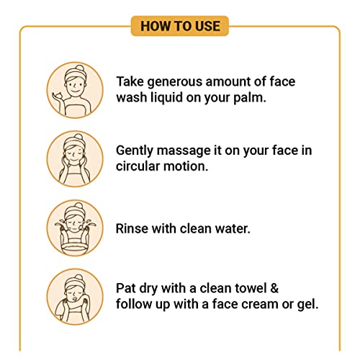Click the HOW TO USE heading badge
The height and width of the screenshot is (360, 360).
[180, 26]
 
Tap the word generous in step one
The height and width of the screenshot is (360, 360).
[175, 82]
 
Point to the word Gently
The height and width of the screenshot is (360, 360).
[135, 151]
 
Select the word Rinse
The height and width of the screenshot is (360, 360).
[132, 228]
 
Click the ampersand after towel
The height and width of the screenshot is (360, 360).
[274, 288]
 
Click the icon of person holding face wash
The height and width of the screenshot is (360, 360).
[75, 90]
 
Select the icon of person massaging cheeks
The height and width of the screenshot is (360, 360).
[75, 159]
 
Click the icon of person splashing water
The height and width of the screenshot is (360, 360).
[75, 228]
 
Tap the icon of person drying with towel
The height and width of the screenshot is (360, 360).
[75, 297]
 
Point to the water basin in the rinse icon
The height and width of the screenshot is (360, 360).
[75, 248]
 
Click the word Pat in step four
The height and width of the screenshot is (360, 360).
[126, 288]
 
